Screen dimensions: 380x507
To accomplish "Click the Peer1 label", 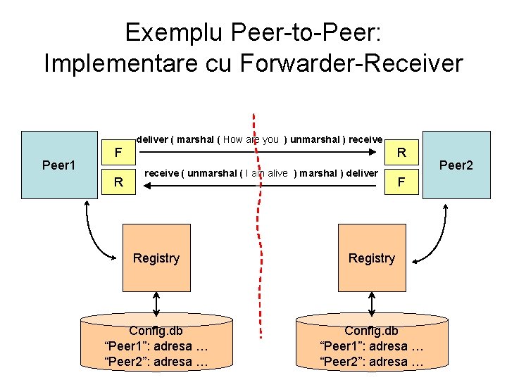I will pyautogui.click(x=58, y=165).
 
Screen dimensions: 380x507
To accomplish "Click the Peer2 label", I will pyautogui.click(x=456, y=165).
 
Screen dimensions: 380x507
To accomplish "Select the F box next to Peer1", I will pyautogui.click(x=119, y=152).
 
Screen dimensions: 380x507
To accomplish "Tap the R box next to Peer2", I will pyautogui.click(x=401, y=152).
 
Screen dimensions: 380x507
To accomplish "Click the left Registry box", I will pyautogui.click(x=156, y=258).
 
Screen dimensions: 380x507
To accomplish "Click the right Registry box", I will pyautogui.click(x=371, y=258).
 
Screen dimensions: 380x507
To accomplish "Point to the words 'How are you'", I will pyautogui.click(x=251, y=139).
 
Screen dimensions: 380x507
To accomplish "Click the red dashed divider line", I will pyautogui.click(x=258, y=232).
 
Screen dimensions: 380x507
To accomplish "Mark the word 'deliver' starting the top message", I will pyautogui.click(x=151, y=139).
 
